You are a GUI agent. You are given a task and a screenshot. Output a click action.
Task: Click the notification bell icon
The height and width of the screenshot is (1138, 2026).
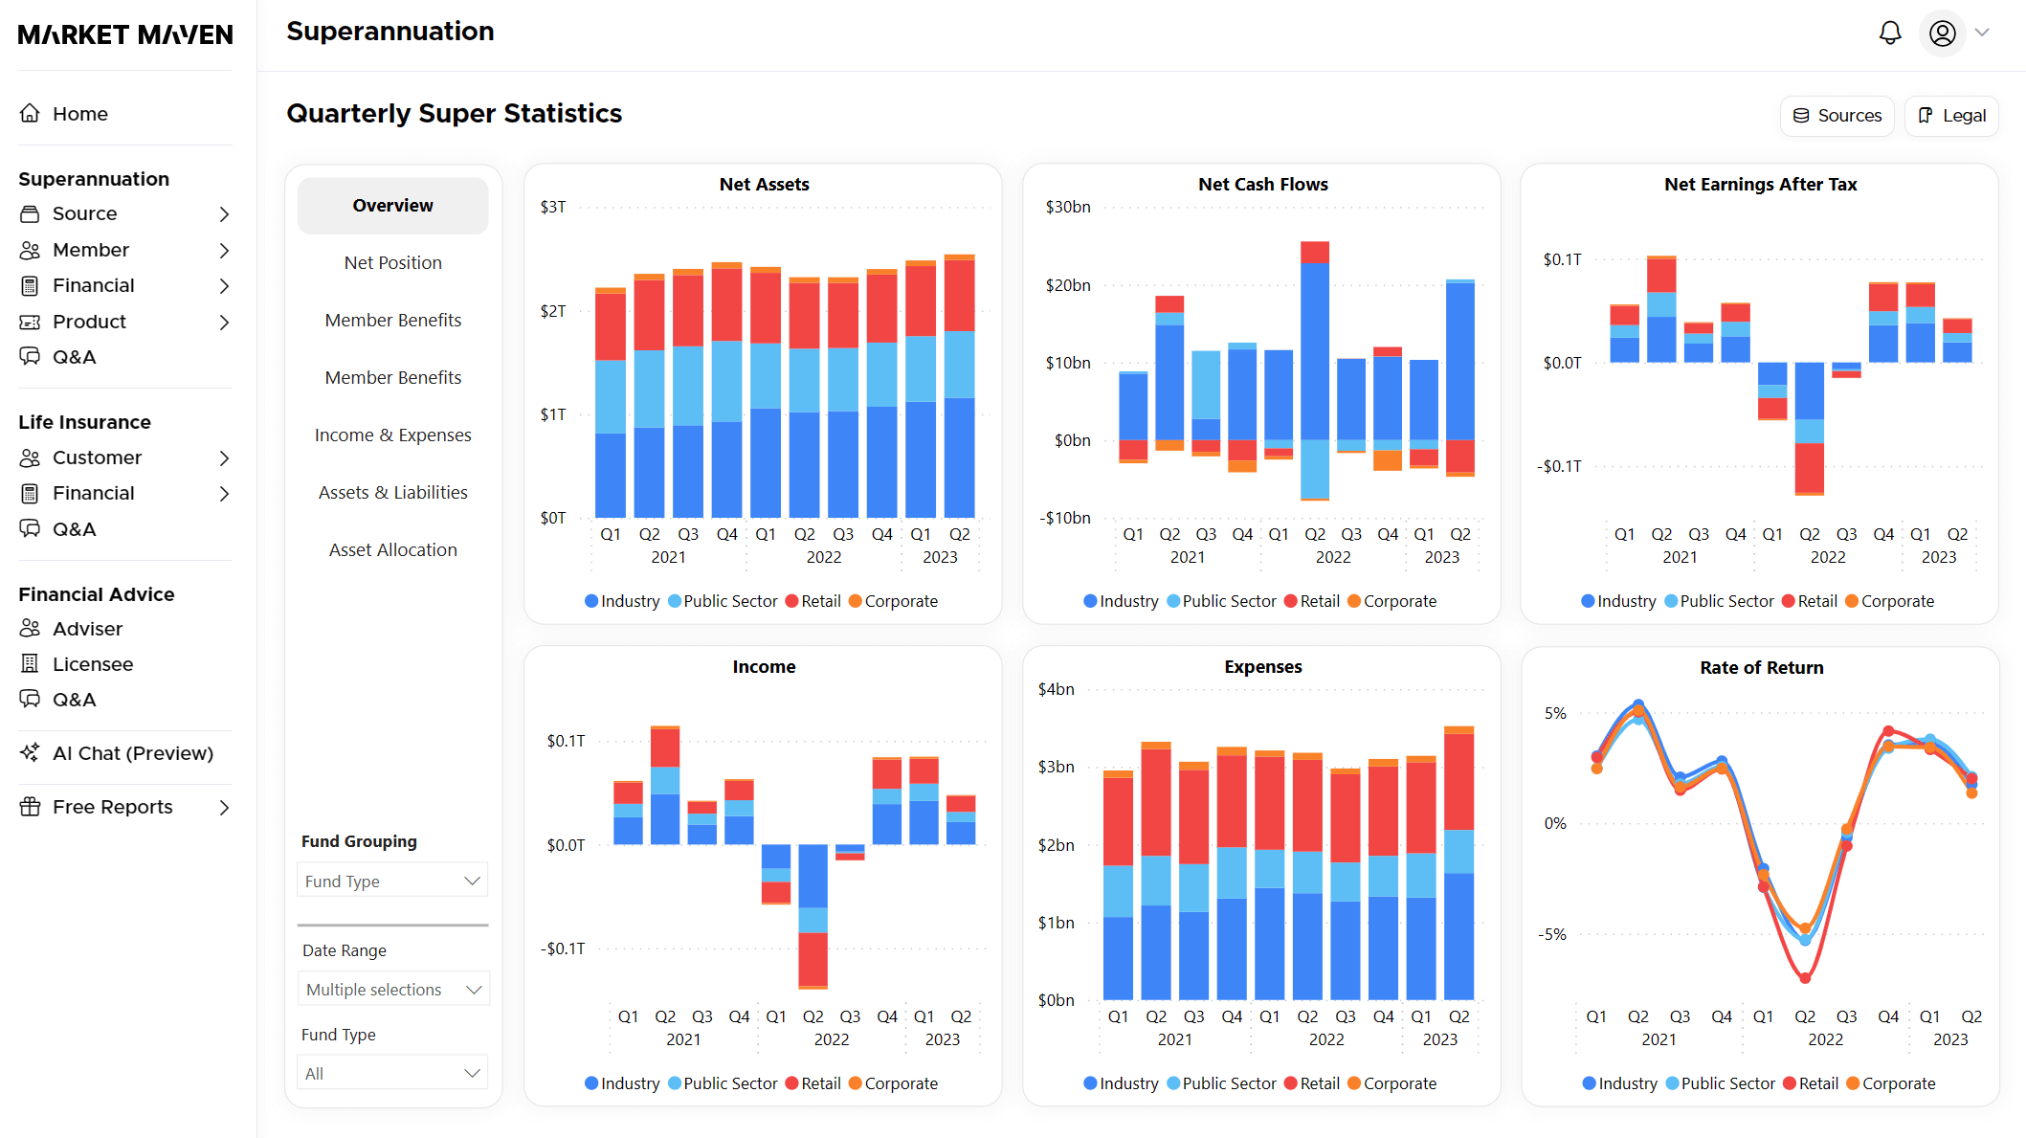point(1889,33)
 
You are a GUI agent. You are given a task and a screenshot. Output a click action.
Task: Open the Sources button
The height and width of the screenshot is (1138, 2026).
point(1837,116)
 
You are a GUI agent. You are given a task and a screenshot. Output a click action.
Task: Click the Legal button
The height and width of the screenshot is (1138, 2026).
point(1951,116)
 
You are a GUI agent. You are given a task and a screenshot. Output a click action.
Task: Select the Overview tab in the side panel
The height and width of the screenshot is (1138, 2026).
point(392,206)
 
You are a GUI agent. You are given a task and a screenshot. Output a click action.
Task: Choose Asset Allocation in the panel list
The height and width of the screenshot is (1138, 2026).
point(392,550)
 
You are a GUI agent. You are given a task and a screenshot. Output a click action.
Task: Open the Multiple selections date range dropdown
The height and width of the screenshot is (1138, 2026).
point(393,990)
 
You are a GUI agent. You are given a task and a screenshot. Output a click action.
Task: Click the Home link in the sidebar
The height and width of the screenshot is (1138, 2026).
point(79,114)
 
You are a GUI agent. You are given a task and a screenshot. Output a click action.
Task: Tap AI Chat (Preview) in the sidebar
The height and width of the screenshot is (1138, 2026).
point(132,753)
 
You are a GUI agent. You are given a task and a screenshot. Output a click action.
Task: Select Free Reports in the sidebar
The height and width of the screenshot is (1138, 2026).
point(112,807)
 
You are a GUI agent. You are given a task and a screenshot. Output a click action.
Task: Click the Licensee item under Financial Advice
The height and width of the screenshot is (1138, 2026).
point(92,664)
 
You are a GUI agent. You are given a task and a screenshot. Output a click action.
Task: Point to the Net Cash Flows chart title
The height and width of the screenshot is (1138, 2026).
point(1262,185)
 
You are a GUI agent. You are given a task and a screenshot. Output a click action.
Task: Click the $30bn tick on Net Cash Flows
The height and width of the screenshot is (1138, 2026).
point(1067,207)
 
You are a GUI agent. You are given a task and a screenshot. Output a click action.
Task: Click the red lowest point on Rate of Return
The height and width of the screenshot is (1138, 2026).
point(1805,978)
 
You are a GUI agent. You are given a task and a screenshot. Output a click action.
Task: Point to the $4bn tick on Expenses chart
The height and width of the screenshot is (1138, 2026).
point(1056,689)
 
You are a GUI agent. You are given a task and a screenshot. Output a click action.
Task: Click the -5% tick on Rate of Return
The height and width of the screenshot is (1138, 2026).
point(1552,935)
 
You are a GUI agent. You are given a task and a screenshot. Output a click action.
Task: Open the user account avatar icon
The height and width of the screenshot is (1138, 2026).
point(1942,33)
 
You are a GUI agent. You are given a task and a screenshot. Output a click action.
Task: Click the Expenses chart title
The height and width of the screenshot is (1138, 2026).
point(1262,667)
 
